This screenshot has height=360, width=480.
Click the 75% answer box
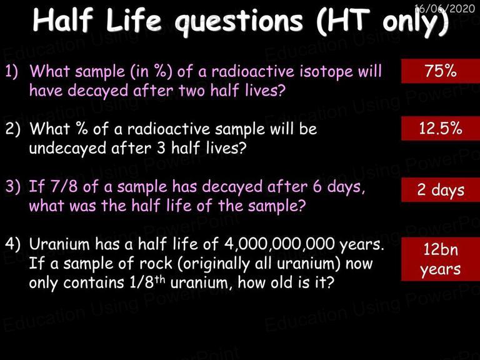tap(441, 71)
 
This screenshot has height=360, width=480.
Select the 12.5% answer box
tap(441, 128)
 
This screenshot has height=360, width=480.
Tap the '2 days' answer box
tap(441, 189)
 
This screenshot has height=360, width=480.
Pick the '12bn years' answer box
tap(441, 259)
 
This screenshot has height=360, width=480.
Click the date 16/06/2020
tap(444, 8)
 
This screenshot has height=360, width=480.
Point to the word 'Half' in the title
tap(62, 20)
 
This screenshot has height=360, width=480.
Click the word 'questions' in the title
tap(239, 22)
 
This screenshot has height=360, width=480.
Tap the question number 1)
tap(12, 71)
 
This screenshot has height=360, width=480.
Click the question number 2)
tap(12, 129)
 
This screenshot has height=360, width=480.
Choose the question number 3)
tap(12, 186)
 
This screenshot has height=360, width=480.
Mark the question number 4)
tap(12, 244)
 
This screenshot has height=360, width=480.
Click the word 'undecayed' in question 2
tap(67, 149)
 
